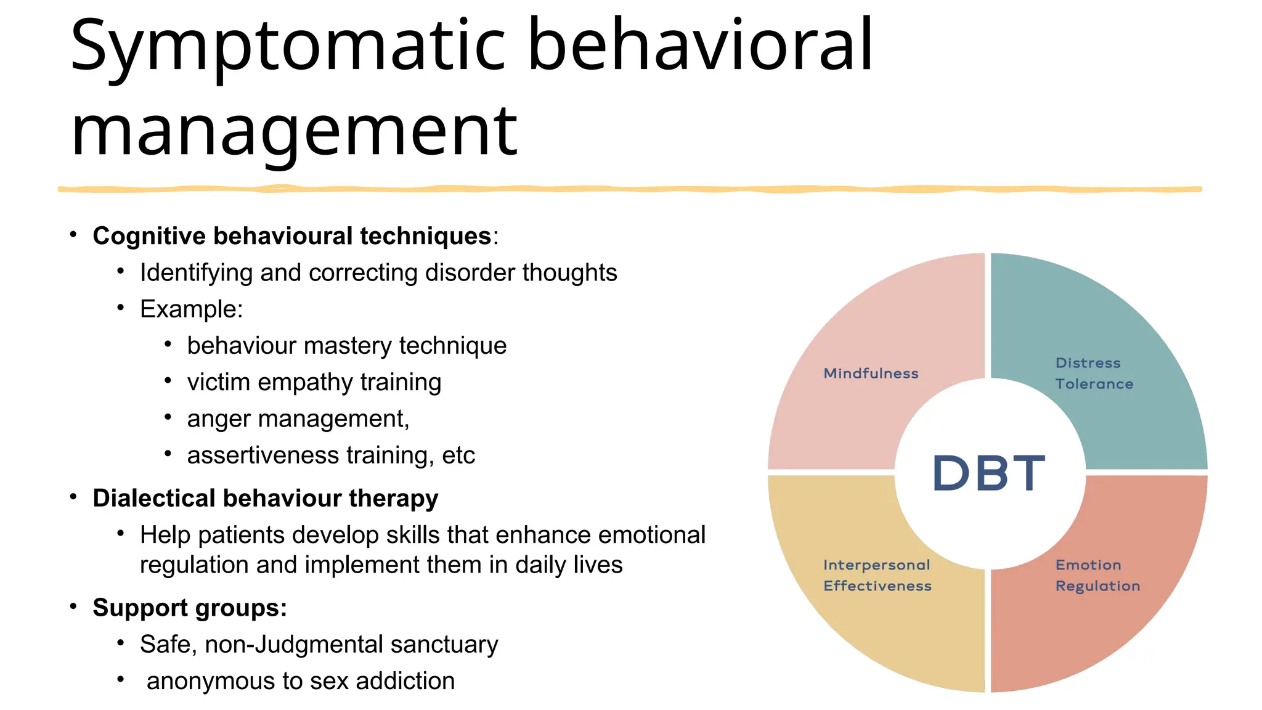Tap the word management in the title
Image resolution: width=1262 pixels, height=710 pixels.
295,131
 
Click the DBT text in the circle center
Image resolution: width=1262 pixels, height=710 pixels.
988,473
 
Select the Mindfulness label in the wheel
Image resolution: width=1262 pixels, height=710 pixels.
871,373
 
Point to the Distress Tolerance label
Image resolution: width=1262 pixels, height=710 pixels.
1093,373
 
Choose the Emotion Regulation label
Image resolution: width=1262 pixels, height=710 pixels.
1097,576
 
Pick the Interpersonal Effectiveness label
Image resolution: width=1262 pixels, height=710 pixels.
877,576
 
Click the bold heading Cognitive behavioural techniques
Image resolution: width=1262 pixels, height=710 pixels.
292,236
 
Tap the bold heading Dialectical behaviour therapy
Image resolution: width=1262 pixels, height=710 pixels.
265,498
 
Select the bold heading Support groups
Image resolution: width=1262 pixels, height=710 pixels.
189,608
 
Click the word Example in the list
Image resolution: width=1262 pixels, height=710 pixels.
190,309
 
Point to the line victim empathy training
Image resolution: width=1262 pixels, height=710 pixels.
314,382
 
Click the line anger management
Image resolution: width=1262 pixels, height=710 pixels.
298,419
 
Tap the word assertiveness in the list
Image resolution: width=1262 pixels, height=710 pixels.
263,455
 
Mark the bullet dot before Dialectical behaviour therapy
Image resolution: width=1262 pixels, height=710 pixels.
73,497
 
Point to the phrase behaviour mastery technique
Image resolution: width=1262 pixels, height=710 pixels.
346,346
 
